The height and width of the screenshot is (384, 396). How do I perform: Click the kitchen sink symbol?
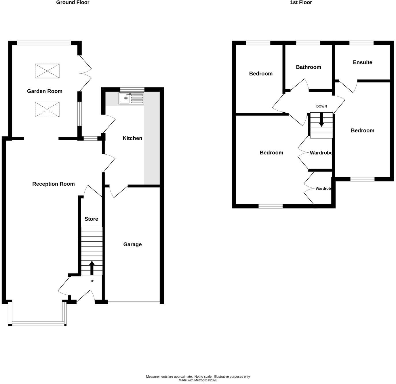click(132, 98)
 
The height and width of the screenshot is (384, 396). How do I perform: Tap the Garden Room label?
click(45, 91)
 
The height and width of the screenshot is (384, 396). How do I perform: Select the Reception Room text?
click(54, 184)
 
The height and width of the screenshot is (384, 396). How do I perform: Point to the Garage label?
click(132, 244)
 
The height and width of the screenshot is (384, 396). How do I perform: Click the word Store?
click(91, 219)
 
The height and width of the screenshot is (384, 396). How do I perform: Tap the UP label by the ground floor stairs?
click(92, 281)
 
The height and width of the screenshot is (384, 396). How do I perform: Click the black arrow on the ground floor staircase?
click(92, 268)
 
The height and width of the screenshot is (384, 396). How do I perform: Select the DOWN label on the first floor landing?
click(321, 106)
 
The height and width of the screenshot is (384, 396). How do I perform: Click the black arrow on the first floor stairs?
click(321, 120)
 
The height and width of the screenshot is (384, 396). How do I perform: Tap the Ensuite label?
click(363, 62)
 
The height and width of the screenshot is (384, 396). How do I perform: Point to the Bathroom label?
click(309, 67)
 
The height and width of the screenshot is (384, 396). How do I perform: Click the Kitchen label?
click(132, 138)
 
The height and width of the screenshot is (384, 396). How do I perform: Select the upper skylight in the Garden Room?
click(47, 71)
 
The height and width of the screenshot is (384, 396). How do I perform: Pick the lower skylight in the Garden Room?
click(47, 110)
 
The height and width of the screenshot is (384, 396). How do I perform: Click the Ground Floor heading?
click(73, 2)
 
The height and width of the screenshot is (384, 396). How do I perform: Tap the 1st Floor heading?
click(301, 2)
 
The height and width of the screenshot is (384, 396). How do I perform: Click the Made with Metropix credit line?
click(198, 380)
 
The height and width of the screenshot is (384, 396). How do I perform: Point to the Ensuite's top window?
click(362, 43)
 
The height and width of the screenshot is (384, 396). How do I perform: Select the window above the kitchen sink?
click(132, 89)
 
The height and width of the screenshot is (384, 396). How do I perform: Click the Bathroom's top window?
click(308, 43)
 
